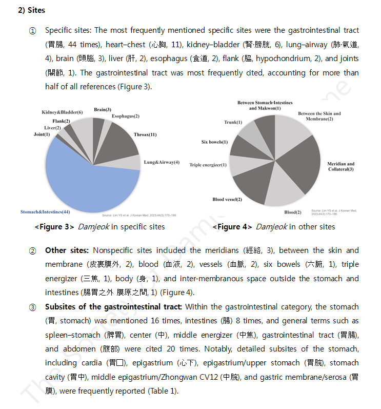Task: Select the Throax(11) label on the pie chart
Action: [145, 134]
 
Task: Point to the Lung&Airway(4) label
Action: [162, 162]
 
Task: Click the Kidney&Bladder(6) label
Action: [62, 112]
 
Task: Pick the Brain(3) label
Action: [103, 109]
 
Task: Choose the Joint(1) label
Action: [42, 134]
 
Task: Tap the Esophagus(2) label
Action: [125, 116]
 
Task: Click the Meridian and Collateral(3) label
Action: [341, 166]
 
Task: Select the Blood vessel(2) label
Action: [227, 199]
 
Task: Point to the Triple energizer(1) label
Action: [208, 165]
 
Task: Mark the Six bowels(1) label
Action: [214, 142]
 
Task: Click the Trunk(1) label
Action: [233, 122]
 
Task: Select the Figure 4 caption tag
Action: [233, 226]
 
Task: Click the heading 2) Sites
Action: [31, 10]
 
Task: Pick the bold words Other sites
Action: [67, 250]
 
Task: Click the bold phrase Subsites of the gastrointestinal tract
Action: [113, 307]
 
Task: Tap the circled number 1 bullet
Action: [32, 31]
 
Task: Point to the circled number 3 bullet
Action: [32, 307]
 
